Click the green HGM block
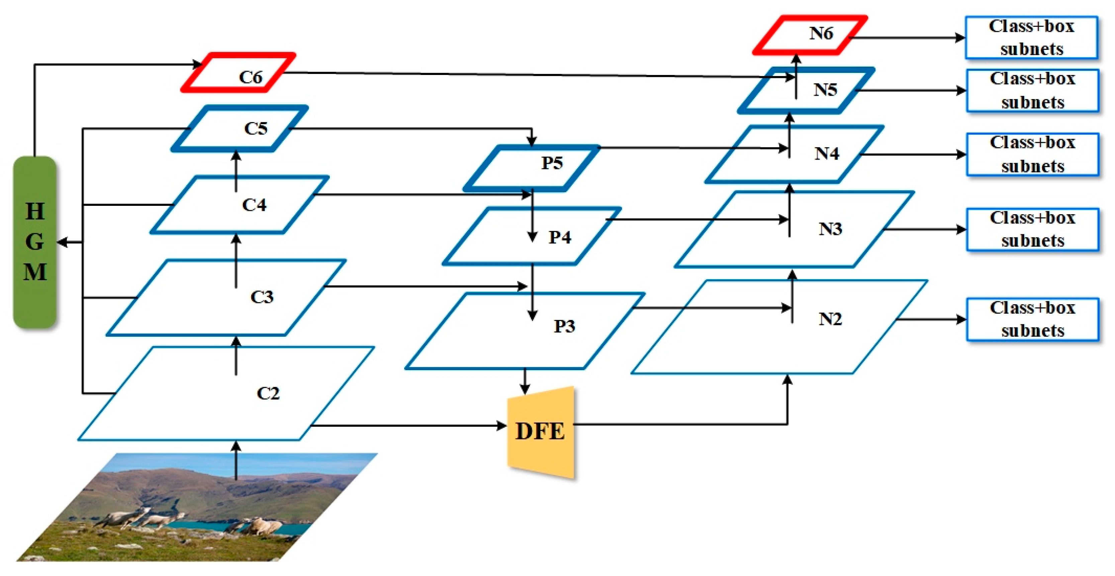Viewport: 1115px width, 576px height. tap(35, 242)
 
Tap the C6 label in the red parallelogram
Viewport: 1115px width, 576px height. tap(251, 77)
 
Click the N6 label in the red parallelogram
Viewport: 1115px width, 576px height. tap(821, 33)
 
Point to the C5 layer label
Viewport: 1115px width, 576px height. tap(256, 128)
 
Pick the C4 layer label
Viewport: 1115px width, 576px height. tap(254, 205)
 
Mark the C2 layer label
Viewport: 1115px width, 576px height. tap(268, 393)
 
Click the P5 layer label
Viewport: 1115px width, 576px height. tap(552, 163)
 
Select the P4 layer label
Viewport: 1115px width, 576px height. tap(560, 237)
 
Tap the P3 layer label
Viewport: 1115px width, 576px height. tap(564, 326)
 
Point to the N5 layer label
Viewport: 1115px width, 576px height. tap(825, 90)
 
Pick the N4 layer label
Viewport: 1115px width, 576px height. tap(827, 153)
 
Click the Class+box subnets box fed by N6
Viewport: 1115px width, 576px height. tap(1031, 38)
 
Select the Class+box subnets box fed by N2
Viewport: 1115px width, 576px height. tap(1032, 320)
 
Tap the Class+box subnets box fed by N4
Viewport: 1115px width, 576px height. tap(1032, 155)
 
